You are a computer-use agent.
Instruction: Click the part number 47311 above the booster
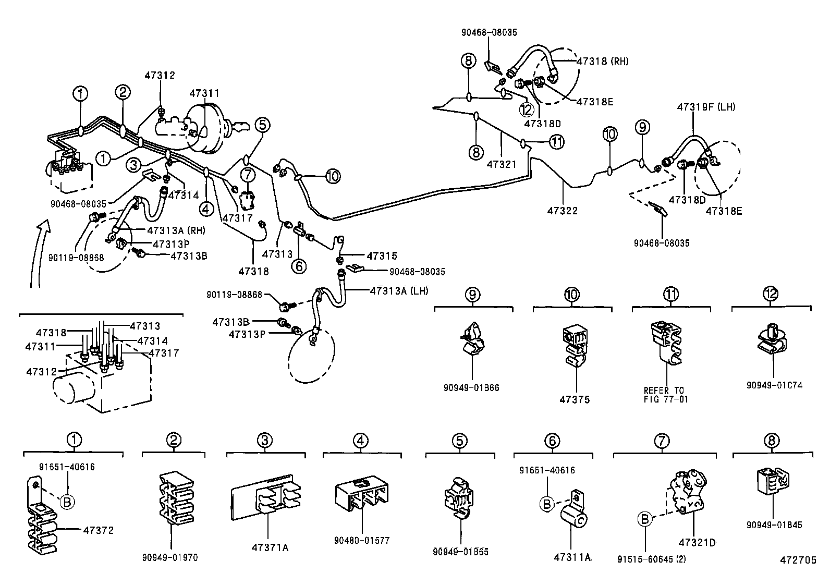coord(204,93)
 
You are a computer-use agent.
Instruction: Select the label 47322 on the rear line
coord(563,211)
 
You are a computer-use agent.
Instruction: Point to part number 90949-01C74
coord(774,385)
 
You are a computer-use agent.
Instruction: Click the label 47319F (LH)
coord(706,107)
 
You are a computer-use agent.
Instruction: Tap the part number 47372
coord(98,530)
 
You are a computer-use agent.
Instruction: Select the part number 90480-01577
coord(361,541)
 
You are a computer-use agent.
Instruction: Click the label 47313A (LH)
coord(399,290)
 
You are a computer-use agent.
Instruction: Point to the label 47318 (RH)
coord(603,61)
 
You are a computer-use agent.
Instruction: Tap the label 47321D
coord(697,543)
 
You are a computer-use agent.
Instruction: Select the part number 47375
coord(575,399)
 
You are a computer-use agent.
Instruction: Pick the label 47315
coord(382,256)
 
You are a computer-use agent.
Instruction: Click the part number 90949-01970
coord(170,557)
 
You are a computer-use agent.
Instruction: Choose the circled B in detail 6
coord(547,504)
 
